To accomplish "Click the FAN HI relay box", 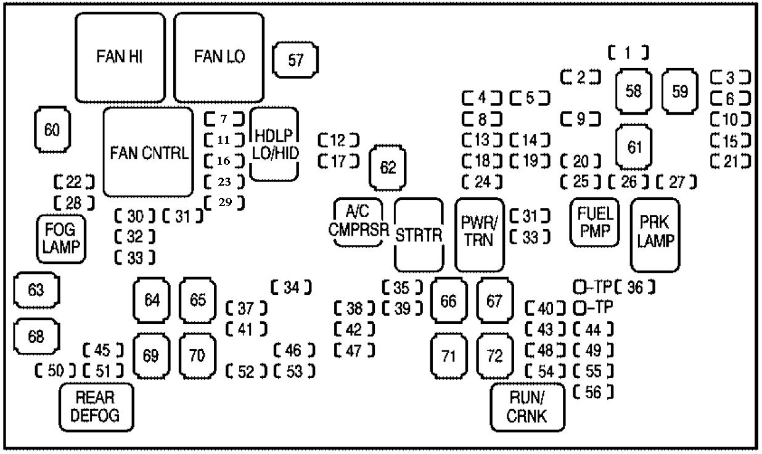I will [120, 57].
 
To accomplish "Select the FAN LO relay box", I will [219, 57].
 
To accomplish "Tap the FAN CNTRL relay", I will [148, 152].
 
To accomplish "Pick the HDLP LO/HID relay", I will [274, 144].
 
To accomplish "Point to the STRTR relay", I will [419, 235].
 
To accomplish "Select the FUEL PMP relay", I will [594, 222].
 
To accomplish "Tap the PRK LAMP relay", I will [655, 235].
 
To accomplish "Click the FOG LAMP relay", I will [59, 239].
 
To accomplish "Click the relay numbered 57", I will [296, 60].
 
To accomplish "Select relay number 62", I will [388, 168].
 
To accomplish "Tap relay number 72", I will [494, 355].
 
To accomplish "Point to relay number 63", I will [36, 289].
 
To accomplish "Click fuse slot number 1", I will [628, 54].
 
